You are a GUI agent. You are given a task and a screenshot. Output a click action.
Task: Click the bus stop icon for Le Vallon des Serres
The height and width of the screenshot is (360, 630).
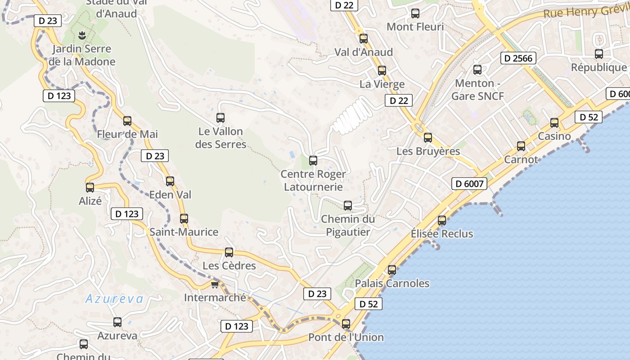point(220,118)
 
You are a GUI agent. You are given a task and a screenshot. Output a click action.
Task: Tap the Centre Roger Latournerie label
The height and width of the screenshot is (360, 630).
point(313,180)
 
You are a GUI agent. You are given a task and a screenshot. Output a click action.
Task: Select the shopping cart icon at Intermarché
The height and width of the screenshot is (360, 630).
point(215,284)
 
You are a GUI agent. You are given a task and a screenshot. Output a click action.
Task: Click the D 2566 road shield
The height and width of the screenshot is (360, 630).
point(518,58)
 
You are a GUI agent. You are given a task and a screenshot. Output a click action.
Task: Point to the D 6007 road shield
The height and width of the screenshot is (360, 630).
point(469,184)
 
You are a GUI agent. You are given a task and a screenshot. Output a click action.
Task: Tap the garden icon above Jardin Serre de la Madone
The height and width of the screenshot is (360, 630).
point(81,35)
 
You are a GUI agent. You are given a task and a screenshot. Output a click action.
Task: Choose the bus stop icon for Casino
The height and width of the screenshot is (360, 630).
point(554,123)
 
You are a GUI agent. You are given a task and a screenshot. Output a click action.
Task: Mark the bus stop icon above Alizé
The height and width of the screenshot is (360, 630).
point(90,188)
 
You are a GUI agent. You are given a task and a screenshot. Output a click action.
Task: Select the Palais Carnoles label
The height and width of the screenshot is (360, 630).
point(392,283)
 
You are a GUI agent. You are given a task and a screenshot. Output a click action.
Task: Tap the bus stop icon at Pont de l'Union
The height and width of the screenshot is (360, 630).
point(346,324)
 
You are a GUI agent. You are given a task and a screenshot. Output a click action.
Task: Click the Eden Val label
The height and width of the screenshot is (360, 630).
point(170,195)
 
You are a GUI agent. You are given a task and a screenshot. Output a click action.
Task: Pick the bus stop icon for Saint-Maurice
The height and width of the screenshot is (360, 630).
point(184,219)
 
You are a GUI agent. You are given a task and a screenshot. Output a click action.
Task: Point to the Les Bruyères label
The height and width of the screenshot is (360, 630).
point(428,151)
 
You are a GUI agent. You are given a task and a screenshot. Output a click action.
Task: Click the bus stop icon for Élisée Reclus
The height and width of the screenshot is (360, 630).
point(442,220)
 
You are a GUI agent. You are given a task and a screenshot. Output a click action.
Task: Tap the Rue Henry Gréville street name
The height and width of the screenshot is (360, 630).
point(585,12)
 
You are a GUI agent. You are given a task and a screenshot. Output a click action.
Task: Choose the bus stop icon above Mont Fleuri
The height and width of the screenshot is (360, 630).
point(415,14)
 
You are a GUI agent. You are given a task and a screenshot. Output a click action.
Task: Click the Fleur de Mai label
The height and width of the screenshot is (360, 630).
point(127,134)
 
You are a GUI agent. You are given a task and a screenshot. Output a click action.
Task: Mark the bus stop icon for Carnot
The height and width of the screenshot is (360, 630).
point(521,146)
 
